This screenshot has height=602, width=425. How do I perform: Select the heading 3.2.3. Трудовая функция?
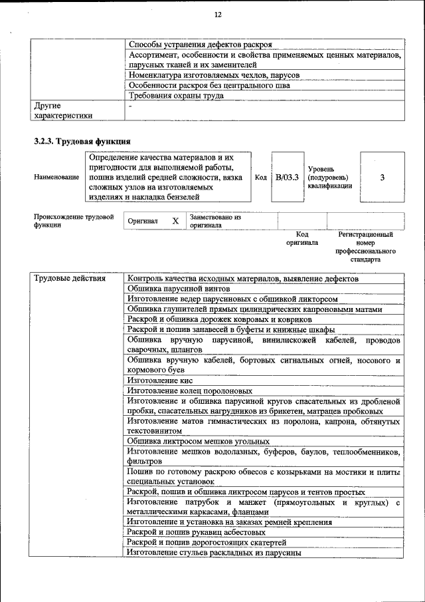pos(82,141)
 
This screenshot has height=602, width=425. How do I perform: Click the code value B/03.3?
pos(288,178)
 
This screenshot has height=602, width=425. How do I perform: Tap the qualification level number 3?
pos(382,178)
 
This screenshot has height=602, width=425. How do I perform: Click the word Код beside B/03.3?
pos(261,178)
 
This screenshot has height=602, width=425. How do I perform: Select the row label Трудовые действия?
pos(70,279)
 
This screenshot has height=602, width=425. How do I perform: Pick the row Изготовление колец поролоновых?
pos(190,391)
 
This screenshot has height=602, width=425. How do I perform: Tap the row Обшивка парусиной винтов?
pos(179,289)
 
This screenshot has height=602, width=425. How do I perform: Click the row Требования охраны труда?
pos(176,96)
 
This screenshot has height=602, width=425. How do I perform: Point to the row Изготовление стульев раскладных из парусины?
pos(214,553)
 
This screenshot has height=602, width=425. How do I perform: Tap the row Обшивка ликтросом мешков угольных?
pos(198,441)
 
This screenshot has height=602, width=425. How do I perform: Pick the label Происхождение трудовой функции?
pos(73,221)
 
